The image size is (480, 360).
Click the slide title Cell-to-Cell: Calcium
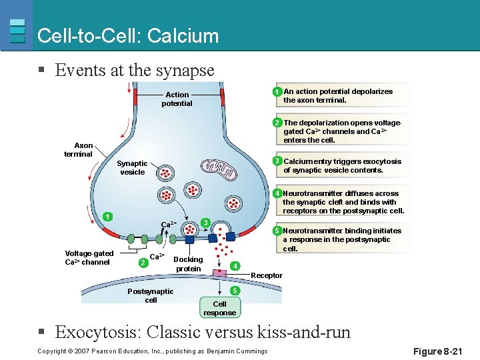(128, 35)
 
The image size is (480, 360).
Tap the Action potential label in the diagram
(177, 99)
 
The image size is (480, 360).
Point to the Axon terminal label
(78, 150)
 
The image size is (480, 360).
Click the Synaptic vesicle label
(132, 168)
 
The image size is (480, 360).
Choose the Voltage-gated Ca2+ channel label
(89, 257)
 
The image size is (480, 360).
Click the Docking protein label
(188, 264)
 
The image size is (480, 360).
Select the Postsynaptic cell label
(150, 295)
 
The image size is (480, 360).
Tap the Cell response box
(219, 308)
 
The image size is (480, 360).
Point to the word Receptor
(267, 275)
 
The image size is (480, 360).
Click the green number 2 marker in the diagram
(141, 263)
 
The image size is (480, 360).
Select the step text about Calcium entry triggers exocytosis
(342, 166)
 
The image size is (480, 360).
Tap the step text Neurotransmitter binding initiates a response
(341, 239)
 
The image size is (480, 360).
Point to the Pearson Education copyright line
(152, 351)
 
